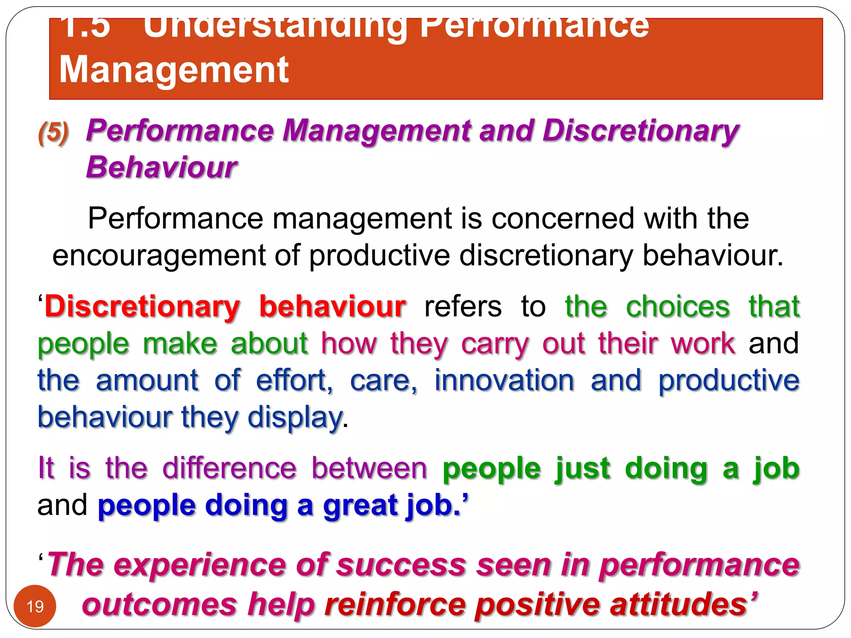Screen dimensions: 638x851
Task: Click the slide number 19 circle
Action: pos(35,606)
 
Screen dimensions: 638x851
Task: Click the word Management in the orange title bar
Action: pos(174,70)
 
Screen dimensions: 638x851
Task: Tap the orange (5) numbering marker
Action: pos(53,133)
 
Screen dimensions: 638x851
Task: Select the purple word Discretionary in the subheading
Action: pos(640,131)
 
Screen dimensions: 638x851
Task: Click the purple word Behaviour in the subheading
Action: pos(161,167)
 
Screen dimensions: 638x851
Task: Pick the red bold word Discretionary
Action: pos(143,307)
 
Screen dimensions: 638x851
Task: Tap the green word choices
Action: pos(678,307)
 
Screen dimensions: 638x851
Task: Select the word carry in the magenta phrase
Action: pos(495,344)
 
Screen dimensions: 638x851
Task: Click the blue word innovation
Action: pos(504,380)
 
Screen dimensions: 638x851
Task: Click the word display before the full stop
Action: pos(295,417)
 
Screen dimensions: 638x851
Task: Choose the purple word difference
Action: pos(229,468)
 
